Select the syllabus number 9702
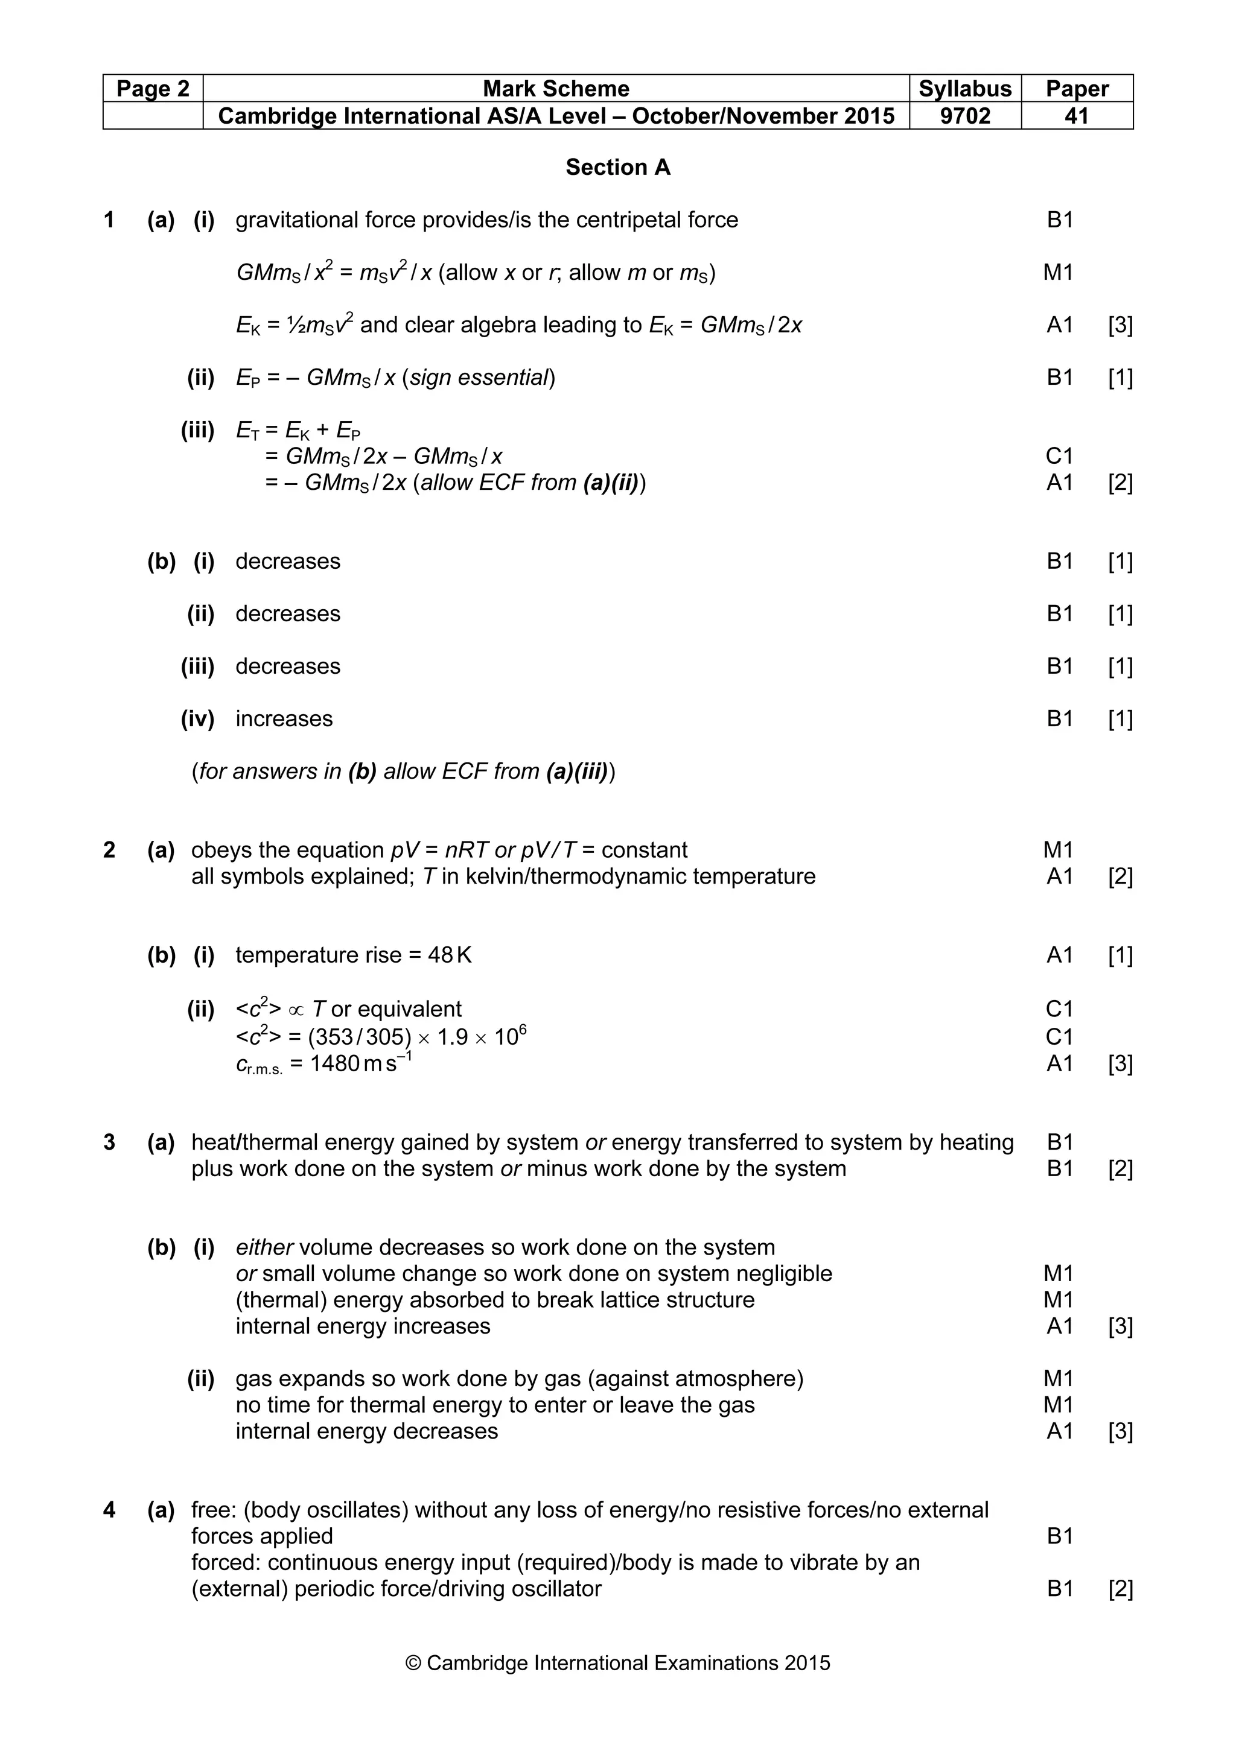coord(965,116)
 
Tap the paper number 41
coord(1076,116)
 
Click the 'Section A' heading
coord(617,168)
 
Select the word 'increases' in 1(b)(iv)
coord(284,719)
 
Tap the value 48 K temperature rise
coord(449,955)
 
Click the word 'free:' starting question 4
coord(214,1510)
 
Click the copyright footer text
coord(617,1684)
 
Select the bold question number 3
coord(109,1142)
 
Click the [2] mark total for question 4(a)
coord(1120,1589)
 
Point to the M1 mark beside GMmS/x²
coord(1058,273)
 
